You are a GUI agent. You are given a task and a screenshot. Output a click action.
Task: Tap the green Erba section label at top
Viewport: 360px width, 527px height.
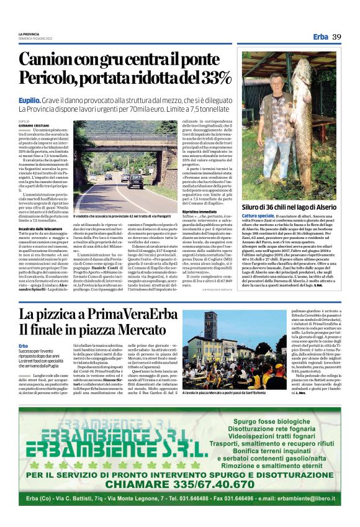[x=321, y=37]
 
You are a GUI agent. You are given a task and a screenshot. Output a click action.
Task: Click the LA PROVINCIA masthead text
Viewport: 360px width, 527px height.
[x=29, y=34]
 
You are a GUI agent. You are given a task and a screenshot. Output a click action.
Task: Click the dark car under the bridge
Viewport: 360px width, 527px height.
[x=135, y=181]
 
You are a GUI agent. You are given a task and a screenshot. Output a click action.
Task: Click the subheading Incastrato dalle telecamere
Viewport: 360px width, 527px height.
[x=40, y=229]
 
